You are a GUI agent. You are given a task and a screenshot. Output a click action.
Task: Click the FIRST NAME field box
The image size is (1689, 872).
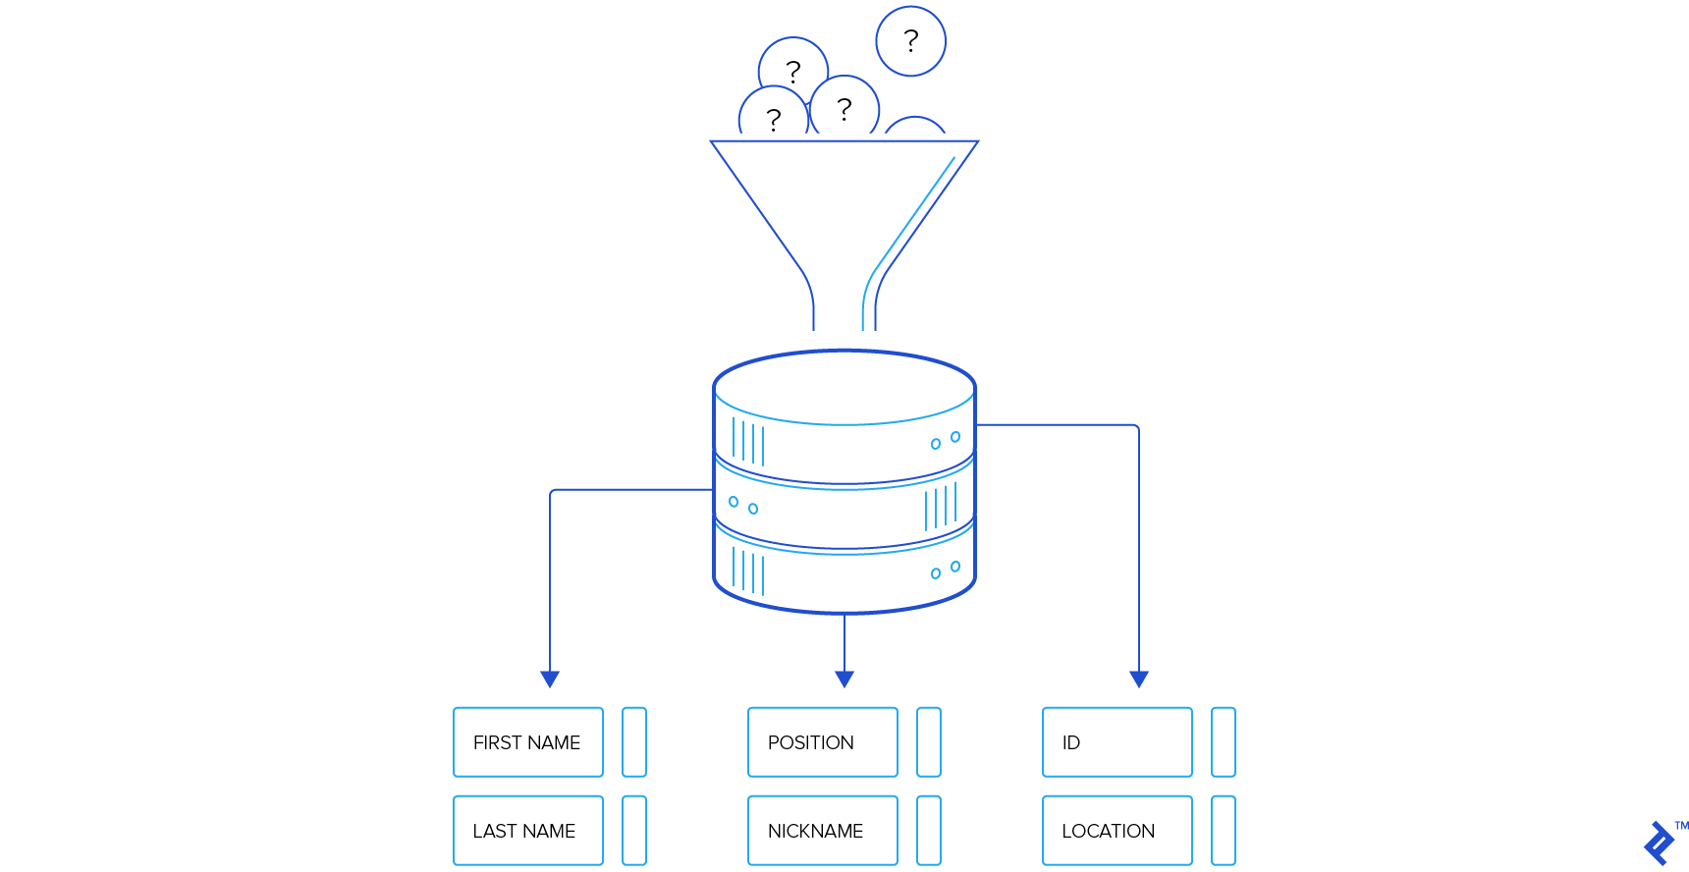click(528, 742)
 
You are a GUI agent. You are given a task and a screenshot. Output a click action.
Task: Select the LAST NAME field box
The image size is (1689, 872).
click(528, 831)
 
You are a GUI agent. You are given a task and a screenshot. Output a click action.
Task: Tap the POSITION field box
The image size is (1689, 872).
click(823, 742)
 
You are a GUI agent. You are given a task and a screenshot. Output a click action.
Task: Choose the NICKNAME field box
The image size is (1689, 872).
click(823, 831)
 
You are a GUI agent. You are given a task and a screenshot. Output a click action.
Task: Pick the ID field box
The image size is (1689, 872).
click(1117, 742)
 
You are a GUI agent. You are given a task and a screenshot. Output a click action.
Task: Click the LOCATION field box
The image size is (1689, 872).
click(1117, 831)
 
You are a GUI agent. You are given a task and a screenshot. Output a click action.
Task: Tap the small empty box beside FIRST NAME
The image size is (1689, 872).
click(634, 742)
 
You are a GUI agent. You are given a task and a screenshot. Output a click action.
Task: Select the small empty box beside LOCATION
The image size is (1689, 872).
click(1224, 831)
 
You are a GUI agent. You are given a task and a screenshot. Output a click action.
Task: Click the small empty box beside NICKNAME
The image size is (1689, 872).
click(929, 831)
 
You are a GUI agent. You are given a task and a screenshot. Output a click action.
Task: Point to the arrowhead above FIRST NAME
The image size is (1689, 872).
click(550, 679)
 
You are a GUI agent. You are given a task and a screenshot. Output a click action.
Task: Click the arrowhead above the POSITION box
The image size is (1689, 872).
click(844, 679)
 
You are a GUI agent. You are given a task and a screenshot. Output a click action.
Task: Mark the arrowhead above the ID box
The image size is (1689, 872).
click(1139, 679)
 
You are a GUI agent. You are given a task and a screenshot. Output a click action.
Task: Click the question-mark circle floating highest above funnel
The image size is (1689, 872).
click(910, 41)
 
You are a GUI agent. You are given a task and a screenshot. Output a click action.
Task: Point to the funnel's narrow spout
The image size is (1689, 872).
click(844, 304)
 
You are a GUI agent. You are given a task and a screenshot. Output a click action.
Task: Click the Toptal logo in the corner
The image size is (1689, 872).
click(1660, 843)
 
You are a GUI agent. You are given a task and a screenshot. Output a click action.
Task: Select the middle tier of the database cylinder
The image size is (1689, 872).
click(844, 511)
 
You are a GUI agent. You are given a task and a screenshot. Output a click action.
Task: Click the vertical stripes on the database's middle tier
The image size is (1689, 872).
click(940, 507)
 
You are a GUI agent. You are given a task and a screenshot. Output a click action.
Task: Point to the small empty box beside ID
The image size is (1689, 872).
click(1224, 742)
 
